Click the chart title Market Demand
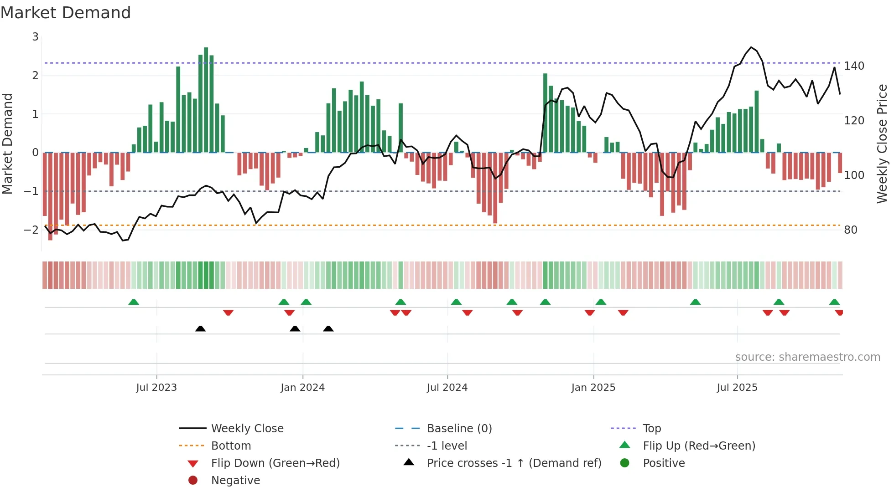[66, 12]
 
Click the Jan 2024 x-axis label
[302, 388]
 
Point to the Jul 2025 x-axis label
[737, 388]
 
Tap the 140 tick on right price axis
[854, 66]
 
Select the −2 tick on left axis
[31, 230]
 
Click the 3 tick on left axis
[35, 36]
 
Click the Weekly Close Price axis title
[882, 143]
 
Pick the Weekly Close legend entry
[247, 429]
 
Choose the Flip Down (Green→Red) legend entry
[275, 463]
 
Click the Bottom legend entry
[231, 446]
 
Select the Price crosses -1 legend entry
[514, 463]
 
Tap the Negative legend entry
[235, 481]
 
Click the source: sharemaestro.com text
[807, 357]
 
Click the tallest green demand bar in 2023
[206, 100]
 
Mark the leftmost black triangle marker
[200, 328]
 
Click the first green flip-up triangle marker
[133, 302]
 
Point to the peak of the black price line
[751, 47]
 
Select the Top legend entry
[651, 429]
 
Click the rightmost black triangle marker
[328, 328]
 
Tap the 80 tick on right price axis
[850, 230]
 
